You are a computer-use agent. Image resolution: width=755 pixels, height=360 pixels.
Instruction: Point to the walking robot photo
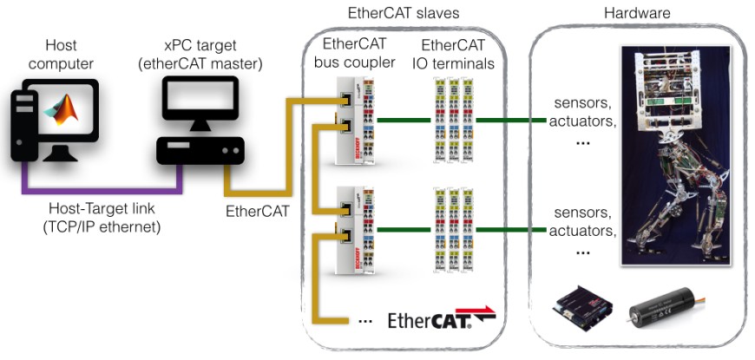(x=677, y=156)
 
